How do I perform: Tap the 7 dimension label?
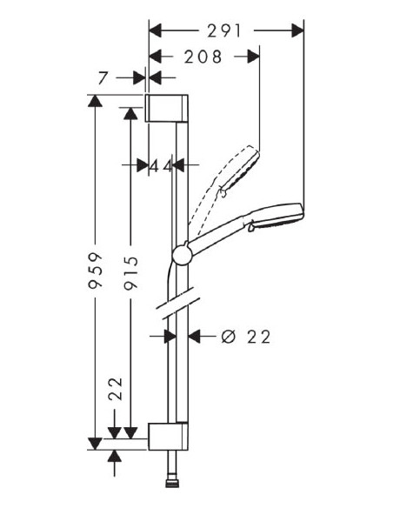pyautogui.click(x=103, y=78)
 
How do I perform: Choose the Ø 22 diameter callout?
pyautogui.click(x=246, y=335)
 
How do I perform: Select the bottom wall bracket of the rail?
pyautogui.click(x=166, y=437)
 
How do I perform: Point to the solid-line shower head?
pyautogui.click(x=277, y=218)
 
